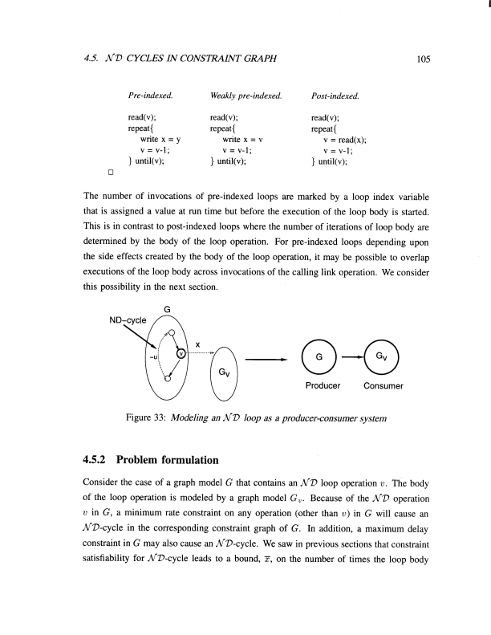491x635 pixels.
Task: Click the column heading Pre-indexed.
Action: (150, 97)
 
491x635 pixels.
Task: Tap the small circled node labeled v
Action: (181, 352)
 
